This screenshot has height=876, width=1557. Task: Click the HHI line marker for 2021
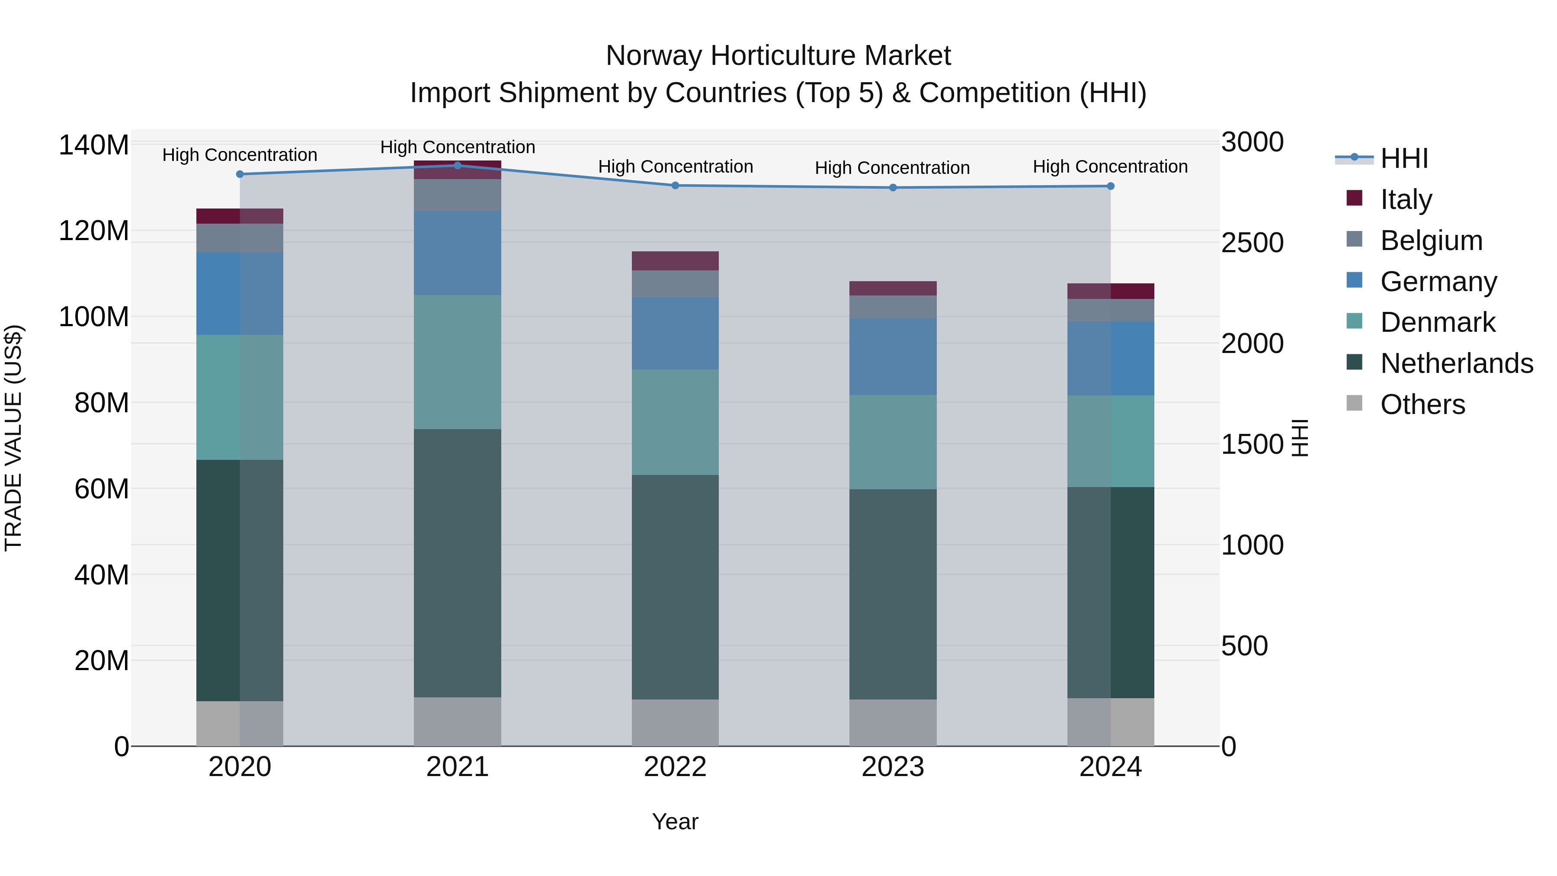458,166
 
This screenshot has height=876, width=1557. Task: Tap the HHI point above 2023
893,187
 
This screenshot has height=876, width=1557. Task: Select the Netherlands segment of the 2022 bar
675,587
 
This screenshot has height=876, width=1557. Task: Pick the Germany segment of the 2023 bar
893,357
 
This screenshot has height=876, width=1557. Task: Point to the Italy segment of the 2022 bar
675,260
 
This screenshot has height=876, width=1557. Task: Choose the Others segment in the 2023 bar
893,722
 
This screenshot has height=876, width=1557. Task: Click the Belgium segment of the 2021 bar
458,195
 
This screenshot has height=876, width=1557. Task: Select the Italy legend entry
1406,199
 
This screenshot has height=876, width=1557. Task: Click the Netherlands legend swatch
1355,363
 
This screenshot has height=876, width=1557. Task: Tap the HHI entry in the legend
1404,158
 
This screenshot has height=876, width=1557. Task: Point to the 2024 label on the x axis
1110,767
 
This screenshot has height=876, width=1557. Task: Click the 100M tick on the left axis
94,317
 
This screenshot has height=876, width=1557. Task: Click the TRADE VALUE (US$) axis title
13,438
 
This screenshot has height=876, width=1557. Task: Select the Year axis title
675,821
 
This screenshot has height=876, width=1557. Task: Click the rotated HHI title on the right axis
1300,438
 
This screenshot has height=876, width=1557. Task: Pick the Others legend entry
1422,404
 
